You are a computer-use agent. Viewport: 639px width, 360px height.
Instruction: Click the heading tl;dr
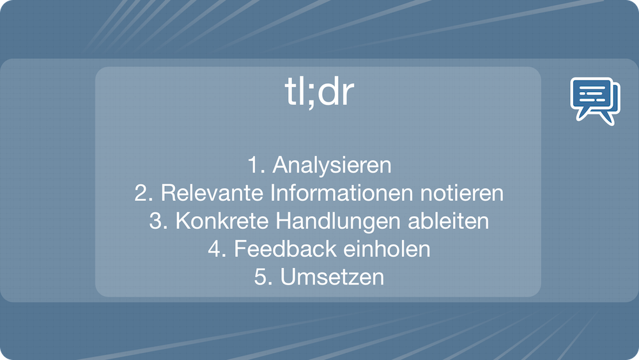point(319,92)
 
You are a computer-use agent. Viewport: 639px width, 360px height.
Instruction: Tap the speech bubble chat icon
point(595,100)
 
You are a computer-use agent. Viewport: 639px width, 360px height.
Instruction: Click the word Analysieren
point(332,165)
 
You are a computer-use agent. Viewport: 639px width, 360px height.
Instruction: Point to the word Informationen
point(341,193)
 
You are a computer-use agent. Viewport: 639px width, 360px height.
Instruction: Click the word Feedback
point(285,249)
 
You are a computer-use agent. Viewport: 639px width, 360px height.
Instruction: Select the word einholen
point(387,249)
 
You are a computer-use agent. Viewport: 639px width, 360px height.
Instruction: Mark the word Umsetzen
point(332,277)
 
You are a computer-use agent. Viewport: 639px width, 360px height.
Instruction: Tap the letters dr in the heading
point(336,92)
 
